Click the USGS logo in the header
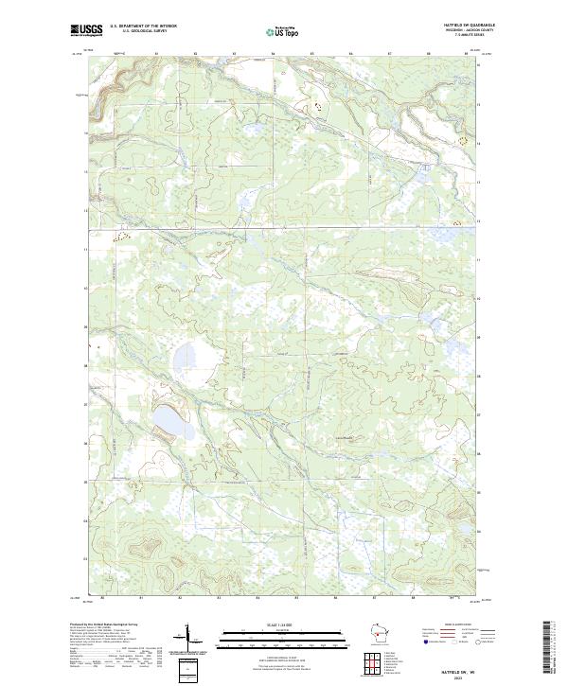click(x=86, y=30)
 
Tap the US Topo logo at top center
click(x=284, y=32)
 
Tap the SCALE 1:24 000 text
click(x=283, y=627)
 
